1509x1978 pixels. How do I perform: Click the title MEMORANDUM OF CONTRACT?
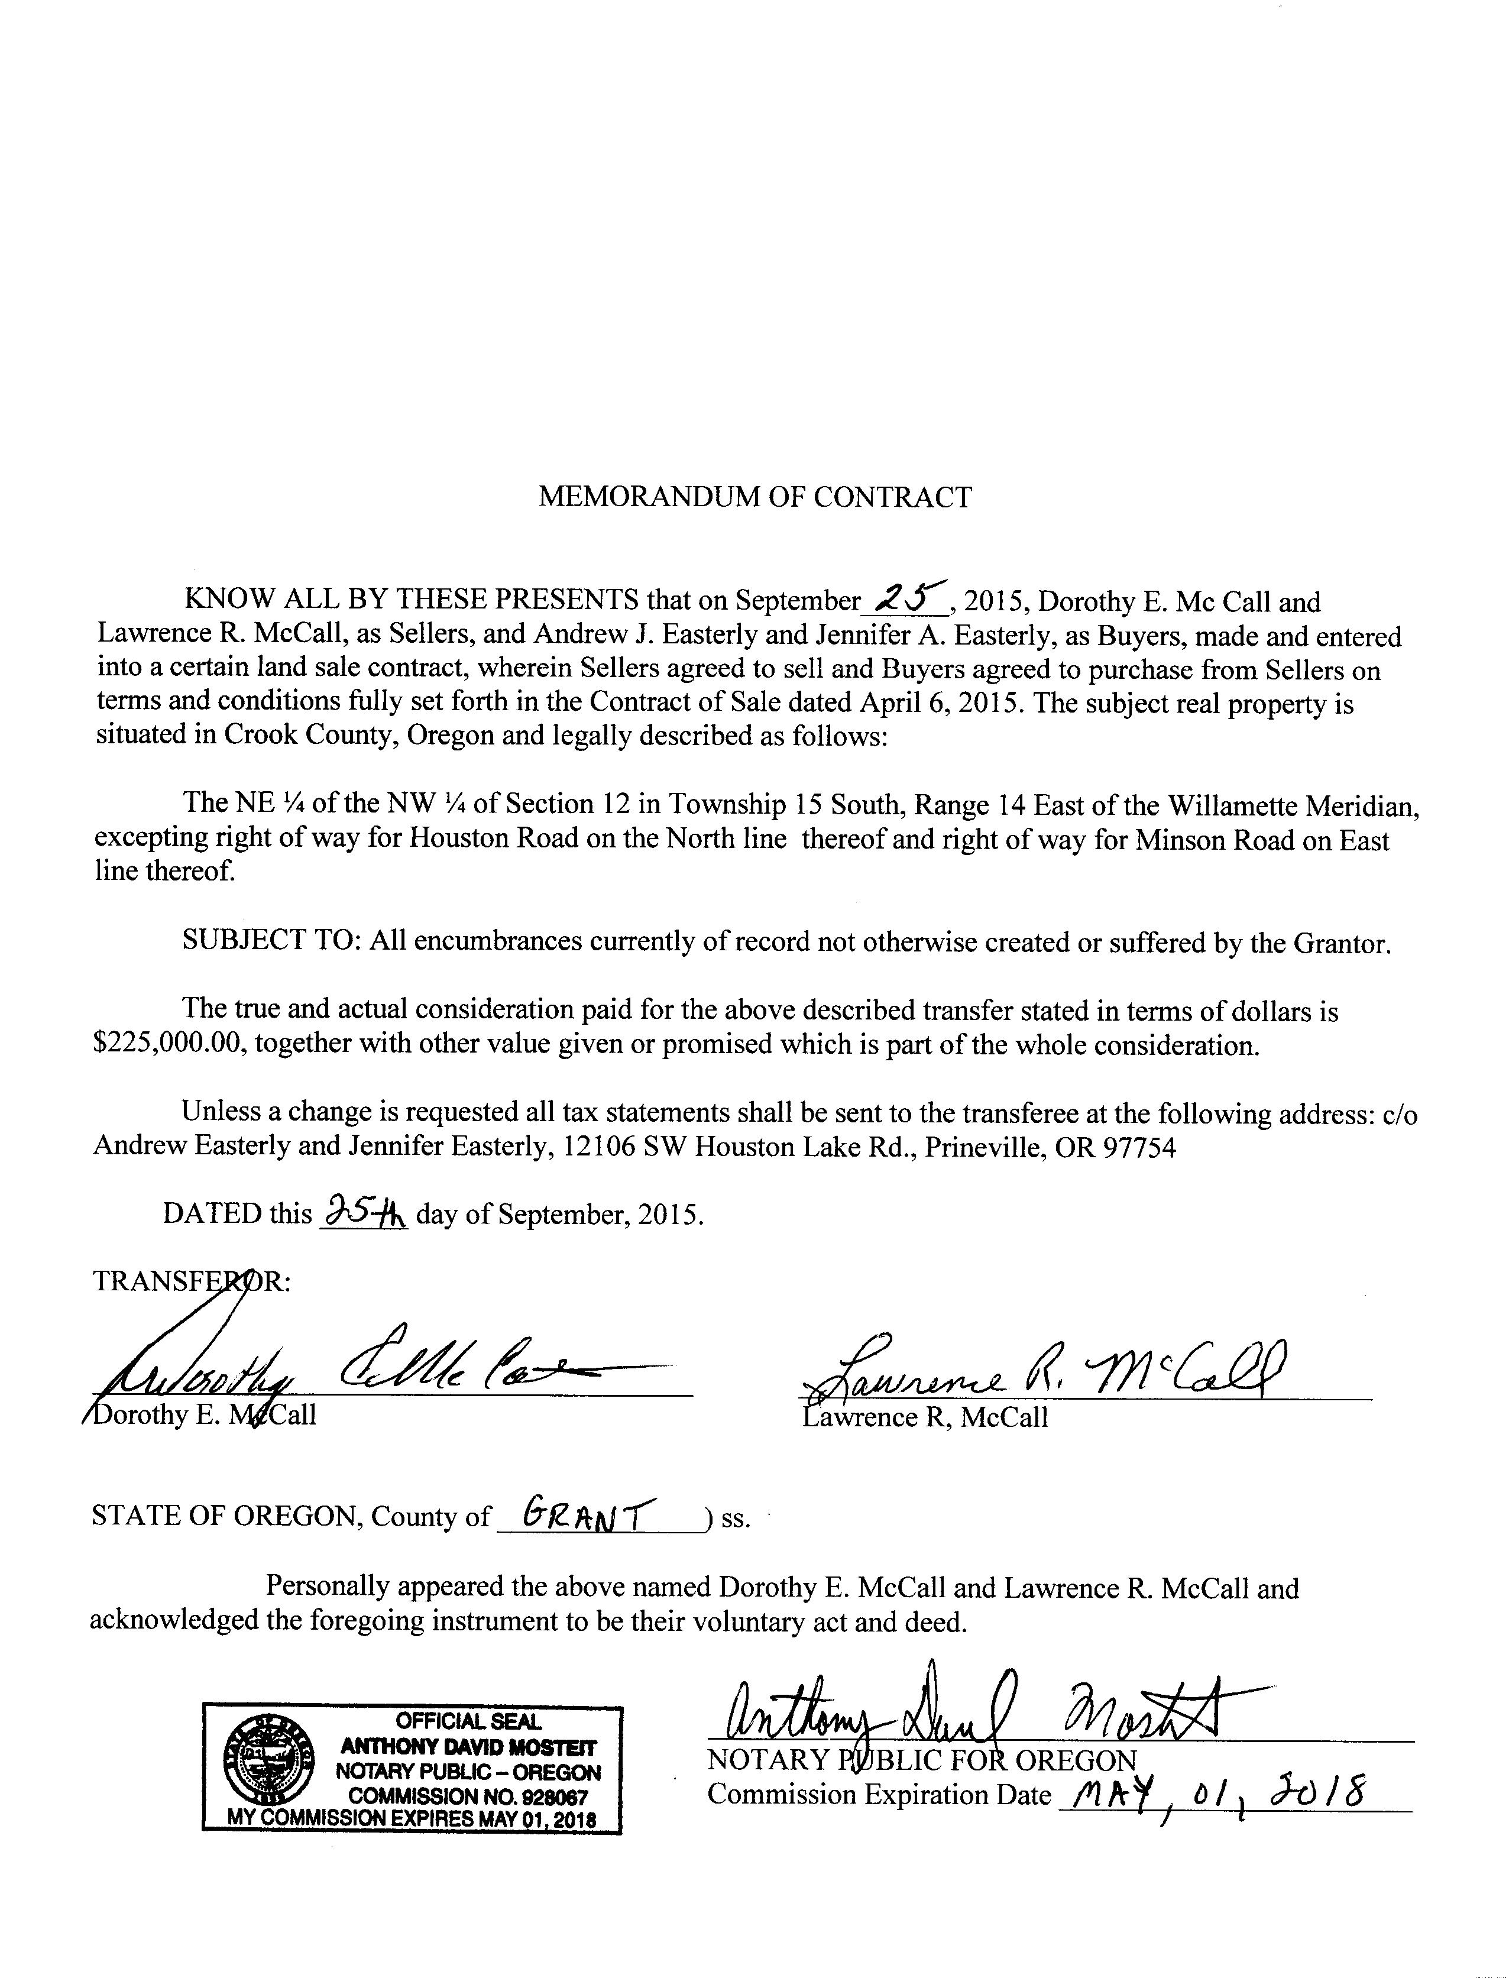click(x=754, y=497)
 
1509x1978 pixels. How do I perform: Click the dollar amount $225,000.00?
click(x=170, y=1045)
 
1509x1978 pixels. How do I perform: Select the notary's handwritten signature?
click(x=970, y=1715)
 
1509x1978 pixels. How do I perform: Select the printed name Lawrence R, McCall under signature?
click(x=925, y=1417)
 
